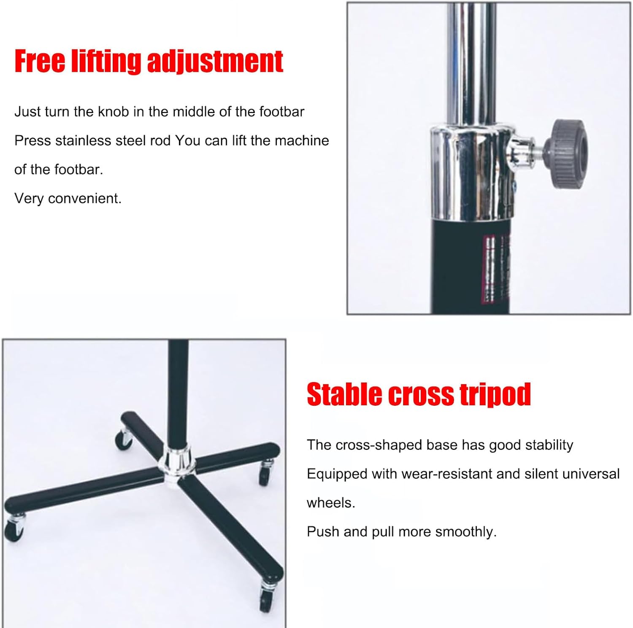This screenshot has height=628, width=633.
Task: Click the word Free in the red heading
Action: [40, 61]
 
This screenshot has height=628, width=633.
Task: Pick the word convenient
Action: [85, 198]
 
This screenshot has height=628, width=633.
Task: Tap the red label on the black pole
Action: [495, 269]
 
